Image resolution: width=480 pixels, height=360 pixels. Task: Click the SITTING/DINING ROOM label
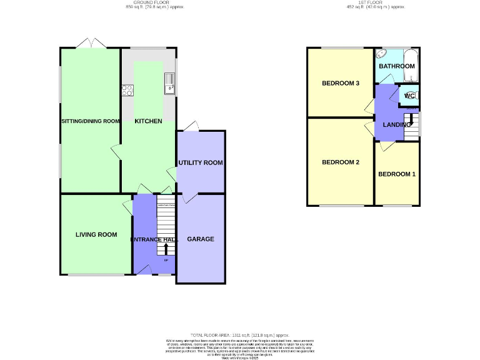tap(90, 121)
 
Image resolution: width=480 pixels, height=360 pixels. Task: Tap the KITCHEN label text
tap(149, 121)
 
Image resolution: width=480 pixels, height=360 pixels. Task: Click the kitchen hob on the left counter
tap(127, 89)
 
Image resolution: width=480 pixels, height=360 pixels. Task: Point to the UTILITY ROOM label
tap(201, 162)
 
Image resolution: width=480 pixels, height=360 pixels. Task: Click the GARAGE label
tap(201, 239)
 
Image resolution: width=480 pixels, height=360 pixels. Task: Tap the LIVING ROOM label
tap(96, 235)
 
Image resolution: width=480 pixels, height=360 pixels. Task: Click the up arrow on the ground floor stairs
tap(166, 249)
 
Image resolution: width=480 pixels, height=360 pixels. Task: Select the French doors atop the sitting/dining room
tap(91, 43)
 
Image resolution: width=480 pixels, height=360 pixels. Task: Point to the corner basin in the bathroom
tap(382, 54)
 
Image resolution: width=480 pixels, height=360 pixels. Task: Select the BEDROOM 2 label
tap(341, 162)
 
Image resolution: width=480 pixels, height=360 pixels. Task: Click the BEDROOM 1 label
tap(397, 174)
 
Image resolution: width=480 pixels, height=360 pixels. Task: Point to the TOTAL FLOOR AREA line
tap(240, 335)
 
